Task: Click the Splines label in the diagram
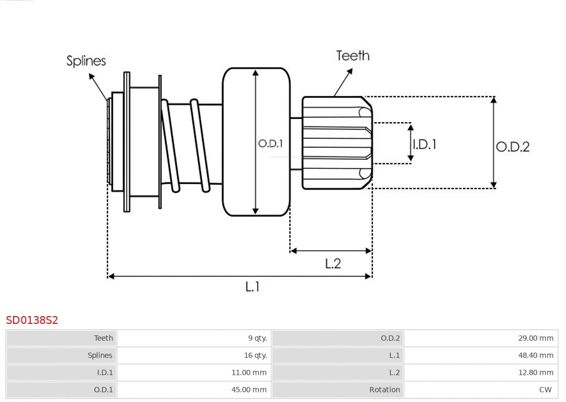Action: coord(86,61)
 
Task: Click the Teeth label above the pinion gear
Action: coord(353,56)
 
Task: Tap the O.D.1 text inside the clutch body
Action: coord(270,143)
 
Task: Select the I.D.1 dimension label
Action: coord(424,144)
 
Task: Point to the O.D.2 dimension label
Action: coord(513,147)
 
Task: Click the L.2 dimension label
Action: coord(333,263)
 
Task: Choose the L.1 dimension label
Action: coord(253,287)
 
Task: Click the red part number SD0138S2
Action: coord(32,320)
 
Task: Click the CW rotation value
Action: coord(545,389)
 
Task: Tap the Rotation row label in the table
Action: coord(384,389)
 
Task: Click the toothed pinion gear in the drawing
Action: coord(335,143)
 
